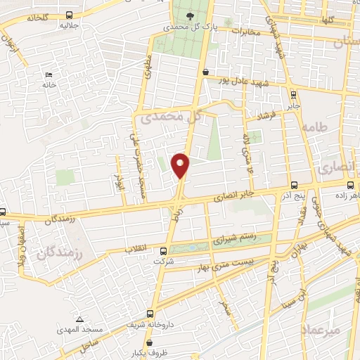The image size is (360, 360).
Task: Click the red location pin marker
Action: [181, 165]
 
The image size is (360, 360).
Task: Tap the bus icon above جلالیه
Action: [67, 15]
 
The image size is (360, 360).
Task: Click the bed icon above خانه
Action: [49, 74]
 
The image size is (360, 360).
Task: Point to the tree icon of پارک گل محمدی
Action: [190, 15]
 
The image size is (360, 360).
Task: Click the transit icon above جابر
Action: [292, 96]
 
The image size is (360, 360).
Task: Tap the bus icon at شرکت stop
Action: [164, 250]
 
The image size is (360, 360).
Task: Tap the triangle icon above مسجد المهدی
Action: [79, 319]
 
